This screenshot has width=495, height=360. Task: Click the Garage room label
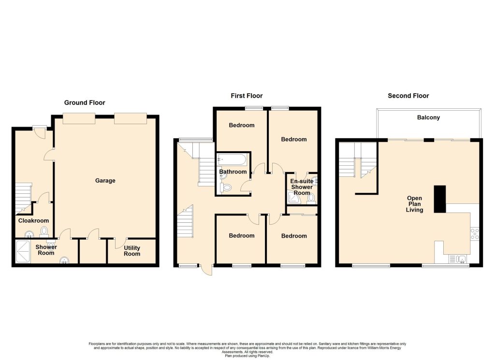pyautogui.click(x=105, y=180)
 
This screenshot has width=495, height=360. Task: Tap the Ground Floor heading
pyautogui.click(x=85, y=102)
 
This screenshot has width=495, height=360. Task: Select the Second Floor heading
pyautogui.click(x=408, y=96)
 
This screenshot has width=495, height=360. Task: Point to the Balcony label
pyautogui.click(x=428, y=117)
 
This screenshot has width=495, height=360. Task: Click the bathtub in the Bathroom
pyautogui.click(x=232, y=159)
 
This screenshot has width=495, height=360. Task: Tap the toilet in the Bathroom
pyautogui.click(x=227, y=187)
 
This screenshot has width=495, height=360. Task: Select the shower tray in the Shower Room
pyautogui.click(x=23, y=251)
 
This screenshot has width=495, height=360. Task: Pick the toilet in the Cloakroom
pyautogui.click(x=44, y=232)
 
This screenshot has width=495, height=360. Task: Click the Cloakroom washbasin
pyautogui.click(x=29, y=234)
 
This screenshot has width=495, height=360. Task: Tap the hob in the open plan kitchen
pyautogui.click(x=475, y=234)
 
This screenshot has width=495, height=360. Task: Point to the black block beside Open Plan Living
pyautogui.click(x=440, y=199)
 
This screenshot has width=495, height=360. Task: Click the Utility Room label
pyautogui.click(x=132, y=251)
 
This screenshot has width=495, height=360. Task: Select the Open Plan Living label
pyautogui.click(x=414, y=204)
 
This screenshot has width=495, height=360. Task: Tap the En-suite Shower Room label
pyautogui.click(x=302, y=187)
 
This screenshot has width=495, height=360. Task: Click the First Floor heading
pyautogui.click(x=247, y=96)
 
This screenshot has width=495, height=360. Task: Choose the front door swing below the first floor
pyautogui.click(x=206, y=270)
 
